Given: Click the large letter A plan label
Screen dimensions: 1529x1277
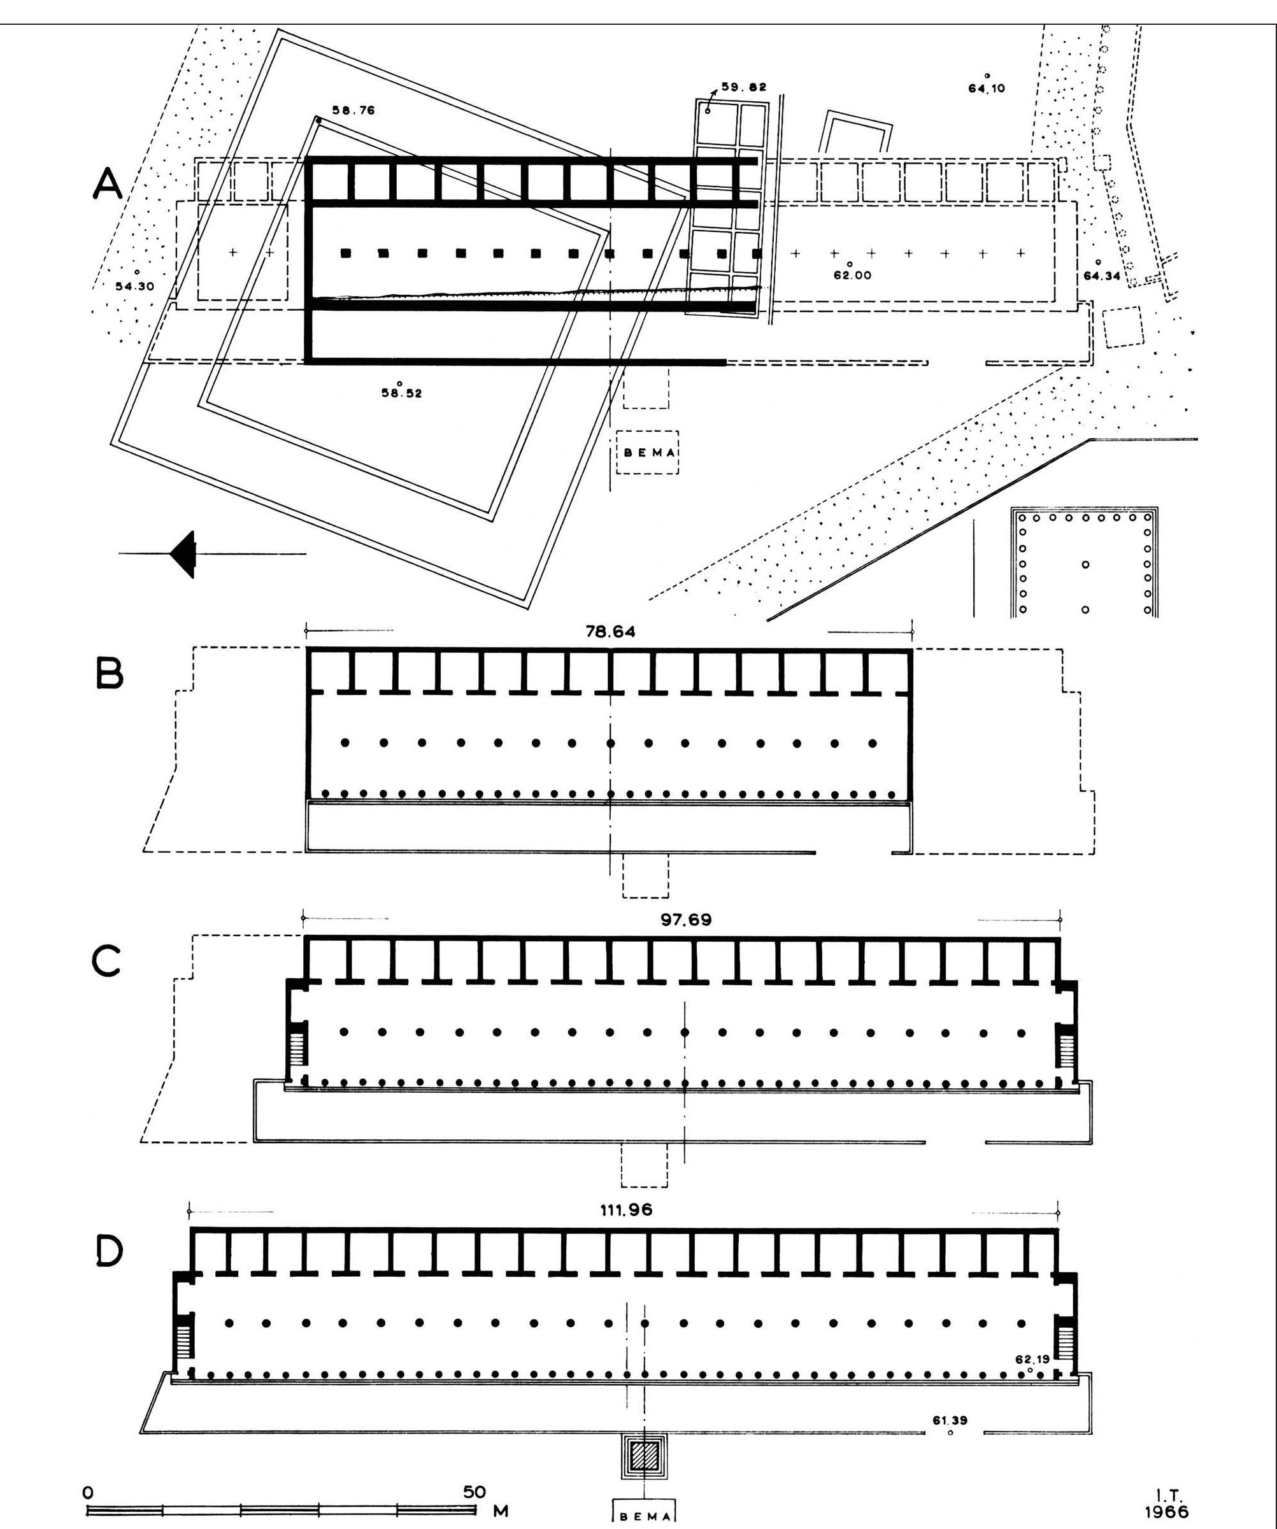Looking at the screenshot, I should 108,183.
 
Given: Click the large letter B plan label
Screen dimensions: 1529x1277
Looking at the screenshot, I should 109,675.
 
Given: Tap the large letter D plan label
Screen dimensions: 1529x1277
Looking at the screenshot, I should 109,1250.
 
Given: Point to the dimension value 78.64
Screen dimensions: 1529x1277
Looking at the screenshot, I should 610,632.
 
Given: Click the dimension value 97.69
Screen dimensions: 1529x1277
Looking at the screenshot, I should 686,920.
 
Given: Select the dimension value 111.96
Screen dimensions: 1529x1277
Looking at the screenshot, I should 627,1210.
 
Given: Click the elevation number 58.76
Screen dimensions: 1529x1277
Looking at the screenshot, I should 354,111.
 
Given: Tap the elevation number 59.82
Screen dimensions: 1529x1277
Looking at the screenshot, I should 744,87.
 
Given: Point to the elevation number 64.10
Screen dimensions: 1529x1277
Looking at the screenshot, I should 987,89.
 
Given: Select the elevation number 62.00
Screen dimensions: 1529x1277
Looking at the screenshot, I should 852,276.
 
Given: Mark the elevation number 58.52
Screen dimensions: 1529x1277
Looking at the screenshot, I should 401,393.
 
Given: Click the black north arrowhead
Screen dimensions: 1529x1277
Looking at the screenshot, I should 183,554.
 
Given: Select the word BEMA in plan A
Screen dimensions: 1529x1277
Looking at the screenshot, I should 646,452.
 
